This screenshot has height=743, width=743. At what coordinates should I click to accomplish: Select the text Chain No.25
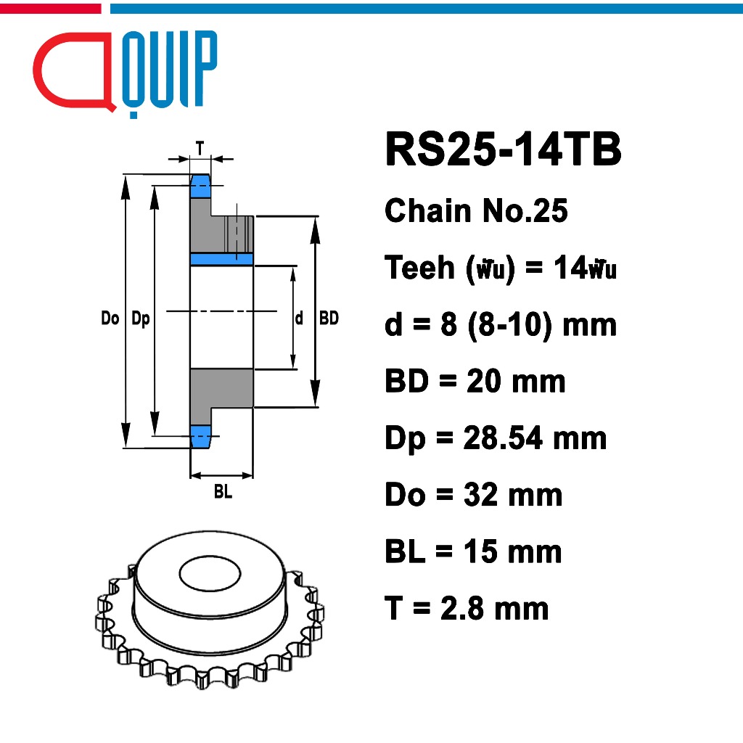(x=476, y=211)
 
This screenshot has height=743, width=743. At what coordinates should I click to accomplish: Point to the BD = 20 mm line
(x=475, y=381)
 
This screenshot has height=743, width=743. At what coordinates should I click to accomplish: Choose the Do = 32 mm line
(x=473, y=495)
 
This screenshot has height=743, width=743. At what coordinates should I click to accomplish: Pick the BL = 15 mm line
(x=473, y=551)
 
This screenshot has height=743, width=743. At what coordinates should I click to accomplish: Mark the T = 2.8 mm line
(x=467, y=608)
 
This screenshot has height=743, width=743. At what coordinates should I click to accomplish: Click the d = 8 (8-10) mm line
(x=501, y=324)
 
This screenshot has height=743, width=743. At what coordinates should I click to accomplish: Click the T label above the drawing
(x=200, y=147)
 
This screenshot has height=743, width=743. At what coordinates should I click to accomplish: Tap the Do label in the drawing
(x=110, y=319)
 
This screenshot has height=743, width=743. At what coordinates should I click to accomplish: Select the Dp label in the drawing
(x=140, y=319)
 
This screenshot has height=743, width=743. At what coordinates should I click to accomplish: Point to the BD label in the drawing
(x=329, y=319)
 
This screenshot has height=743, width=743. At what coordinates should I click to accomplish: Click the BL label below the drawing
(x=222, y=493)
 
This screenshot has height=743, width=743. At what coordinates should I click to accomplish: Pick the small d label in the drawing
(x=299, y=319)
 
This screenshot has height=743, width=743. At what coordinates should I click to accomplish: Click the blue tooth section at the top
(x=200, y=186)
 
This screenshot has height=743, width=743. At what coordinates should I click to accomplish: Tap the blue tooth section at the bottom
(x=200, y=435)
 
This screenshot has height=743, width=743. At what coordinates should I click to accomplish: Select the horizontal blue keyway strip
(x=221, y=259)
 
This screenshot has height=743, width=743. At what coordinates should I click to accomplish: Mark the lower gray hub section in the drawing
(x=221, y=388)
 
